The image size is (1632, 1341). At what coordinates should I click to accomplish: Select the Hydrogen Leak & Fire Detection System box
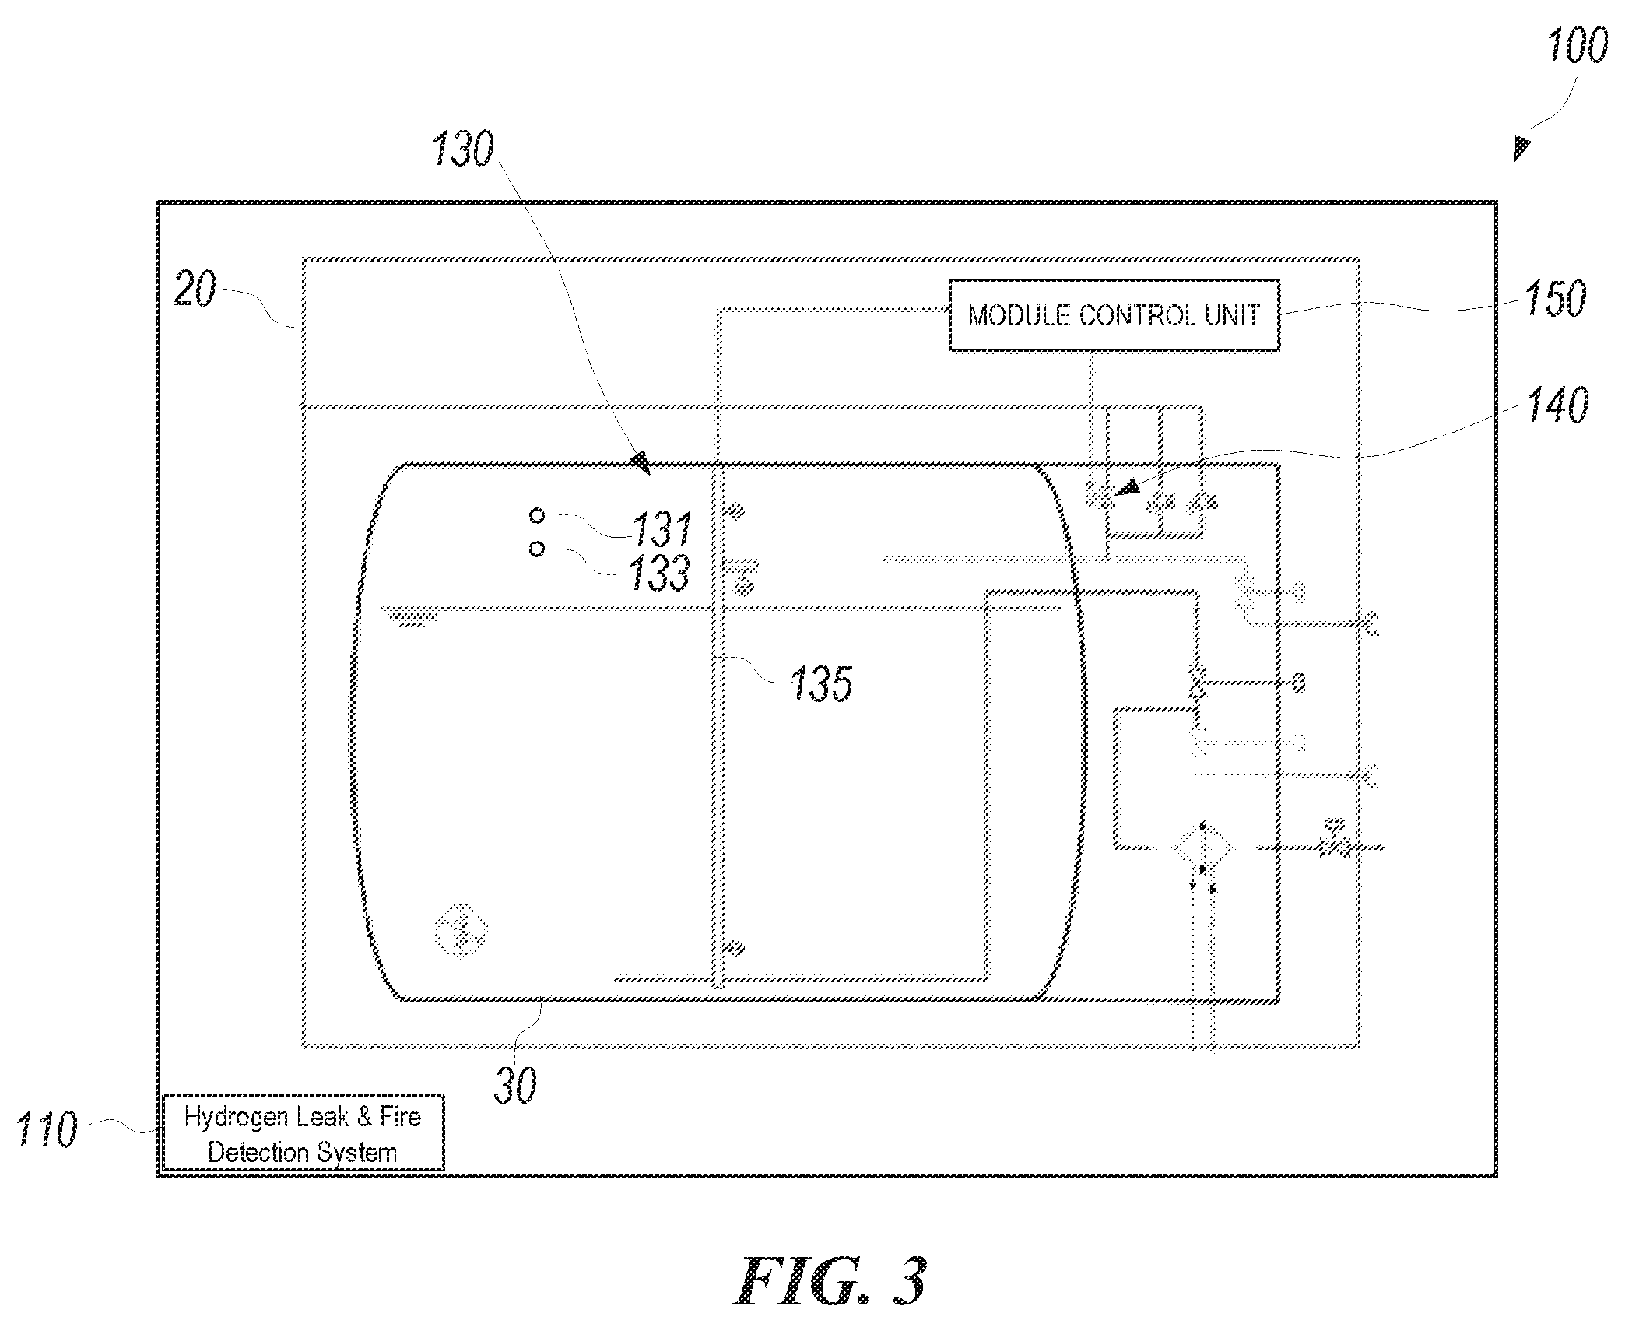click(x=303, y=1133)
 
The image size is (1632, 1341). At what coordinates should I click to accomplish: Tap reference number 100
click(x=1577, y=46)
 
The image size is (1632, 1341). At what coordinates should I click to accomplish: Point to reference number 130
click(x=462, y=149)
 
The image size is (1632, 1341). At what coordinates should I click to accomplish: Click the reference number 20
click(x=194, y=290)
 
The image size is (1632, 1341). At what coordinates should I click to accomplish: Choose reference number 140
click(x=1557, y=405)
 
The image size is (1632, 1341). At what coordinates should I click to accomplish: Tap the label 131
click(x=662, y=529)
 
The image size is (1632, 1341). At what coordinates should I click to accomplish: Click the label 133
click(x=659, y=573)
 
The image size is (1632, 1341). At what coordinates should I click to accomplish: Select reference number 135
click(x=822, y=684)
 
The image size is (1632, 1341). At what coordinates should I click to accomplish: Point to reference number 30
click(x=515, y=1085)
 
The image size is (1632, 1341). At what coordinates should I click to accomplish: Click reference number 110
click(x=47, y=1129)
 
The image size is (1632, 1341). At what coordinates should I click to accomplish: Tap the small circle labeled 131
click(x=536, y=515)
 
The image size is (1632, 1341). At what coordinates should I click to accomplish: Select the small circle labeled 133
click(x=536, y=549)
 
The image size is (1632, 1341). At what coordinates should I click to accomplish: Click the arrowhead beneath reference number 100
click(x=1521, y=147)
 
